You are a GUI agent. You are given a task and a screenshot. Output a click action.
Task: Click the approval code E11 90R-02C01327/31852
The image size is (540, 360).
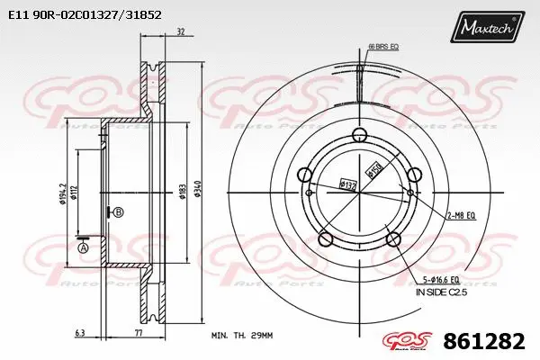pos(85,15)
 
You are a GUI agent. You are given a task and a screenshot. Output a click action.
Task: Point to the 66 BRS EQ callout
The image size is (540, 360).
pos(382,45)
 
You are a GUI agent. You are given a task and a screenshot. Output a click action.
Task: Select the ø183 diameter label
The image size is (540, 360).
pos(182,192)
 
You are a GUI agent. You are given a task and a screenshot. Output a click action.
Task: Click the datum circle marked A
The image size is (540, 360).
pos(84,247)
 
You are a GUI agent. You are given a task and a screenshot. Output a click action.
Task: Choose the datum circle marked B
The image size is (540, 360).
pos(119,211)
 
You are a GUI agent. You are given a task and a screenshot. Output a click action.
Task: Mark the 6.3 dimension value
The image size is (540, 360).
pos(81,333)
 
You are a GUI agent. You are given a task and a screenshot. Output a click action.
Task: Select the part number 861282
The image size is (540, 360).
pos(487,342)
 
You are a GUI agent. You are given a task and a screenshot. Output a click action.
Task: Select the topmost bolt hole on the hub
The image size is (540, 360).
pos(360,136)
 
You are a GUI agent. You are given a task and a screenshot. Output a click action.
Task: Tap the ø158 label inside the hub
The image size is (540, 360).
pos(369,167)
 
